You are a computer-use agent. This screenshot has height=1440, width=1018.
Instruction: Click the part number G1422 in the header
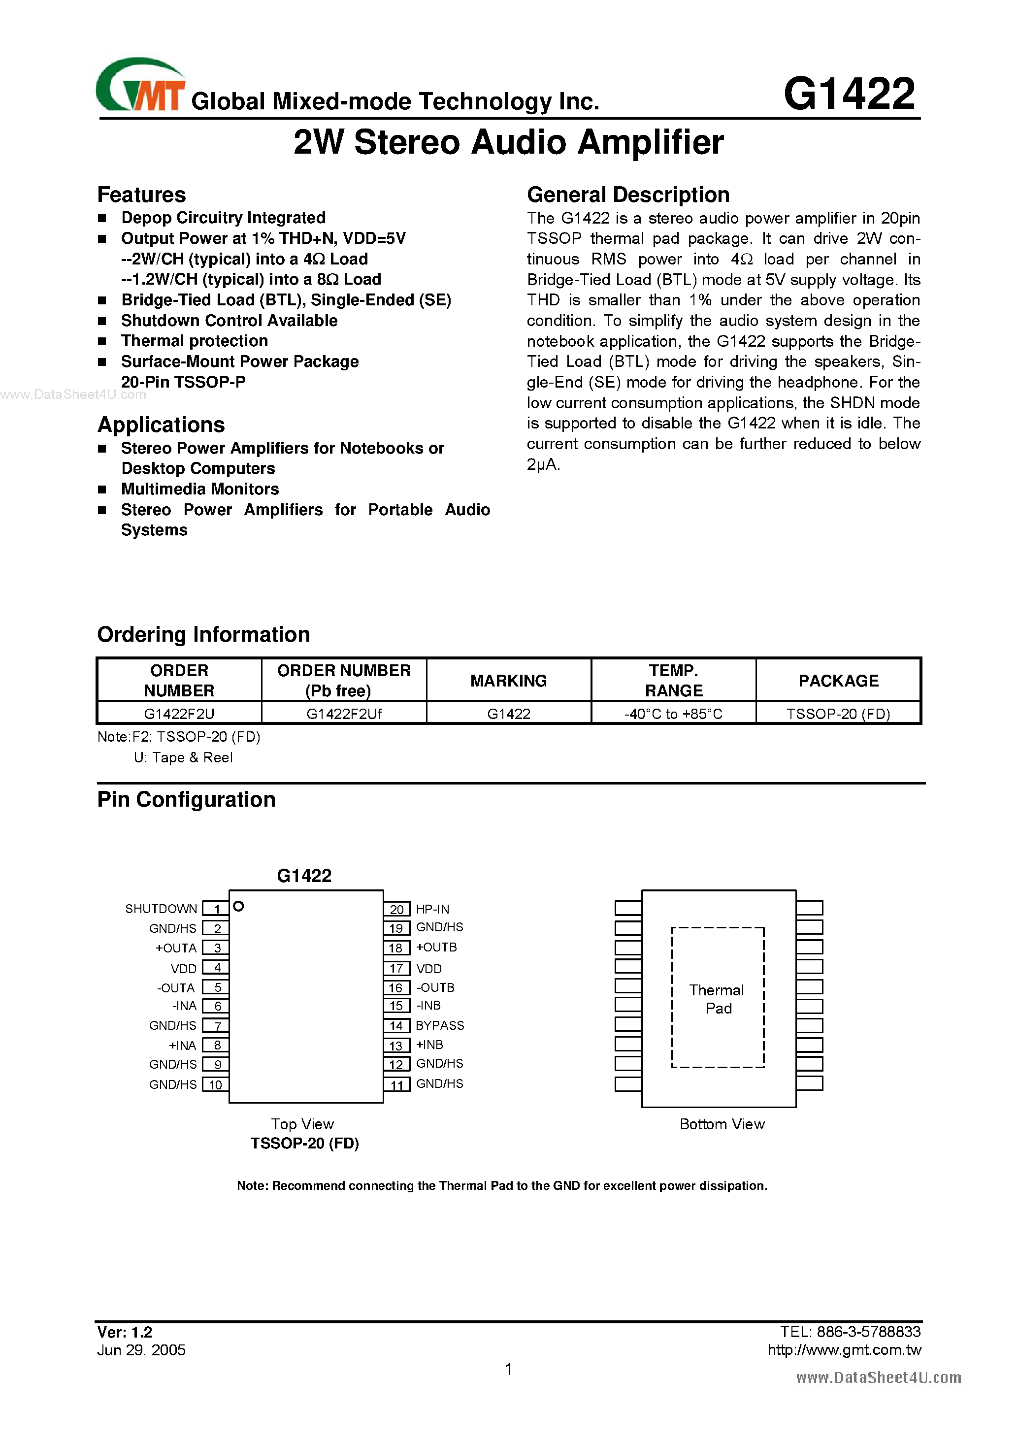tap(849, 94)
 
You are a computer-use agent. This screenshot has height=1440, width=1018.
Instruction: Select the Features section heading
tap(141, 195)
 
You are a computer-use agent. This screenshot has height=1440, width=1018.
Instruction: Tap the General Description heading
tap(628, 195)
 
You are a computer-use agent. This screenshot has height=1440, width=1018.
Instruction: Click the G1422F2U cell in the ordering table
tap(179, 714)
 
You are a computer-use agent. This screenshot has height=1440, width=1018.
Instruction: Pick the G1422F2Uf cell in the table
tap(344, 714)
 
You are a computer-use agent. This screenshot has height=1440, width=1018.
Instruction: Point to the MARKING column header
tap(508, 681)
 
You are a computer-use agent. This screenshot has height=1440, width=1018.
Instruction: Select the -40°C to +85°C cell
tap(673, 714)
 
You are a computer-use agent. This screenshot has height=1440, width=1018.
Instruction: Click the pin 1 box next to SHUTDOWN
tap(216, 909)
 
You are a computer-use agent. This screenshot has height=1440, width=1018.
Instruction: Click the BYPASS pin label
tap(440, 1025)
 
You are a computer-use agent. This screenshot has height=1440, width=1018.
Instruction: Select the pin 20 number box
tap(396, 909)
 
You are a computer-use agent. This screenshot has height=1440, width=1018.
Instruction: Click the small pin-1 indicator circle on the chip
tap(238, 906)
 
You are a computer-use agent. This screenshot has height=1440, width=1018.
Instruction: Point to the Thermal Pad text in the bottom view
tap(717, 998)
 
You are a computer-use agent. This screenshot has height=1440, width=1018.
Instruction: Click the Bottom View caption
tap(722, 1124)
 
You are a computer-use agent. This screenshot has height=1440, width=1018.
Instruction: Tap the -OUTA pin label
tap(176, 988)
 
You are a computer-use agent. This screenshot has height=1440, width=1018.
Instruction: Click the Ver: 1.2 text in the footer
tap(124, 1332)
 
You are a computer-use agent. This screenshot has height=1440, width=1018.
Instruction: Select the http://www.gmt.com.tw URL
tap(844, 1350)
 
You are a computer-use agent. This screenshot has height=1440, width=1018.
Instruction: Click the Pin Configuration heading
tap(186, 800)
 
